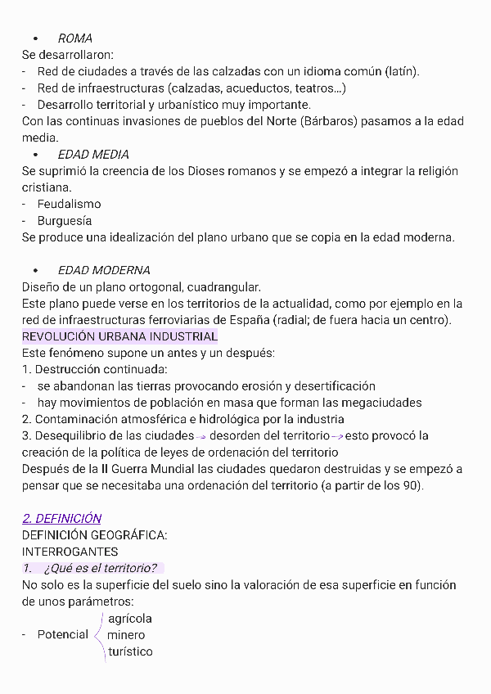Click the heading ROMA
(x=74, y=38)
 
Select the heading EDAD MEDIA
(x=93, y=155)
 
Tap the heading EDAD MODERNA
(x=104, y=270)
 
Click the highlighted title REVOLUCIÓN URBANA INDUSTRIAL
(x=119, y=336)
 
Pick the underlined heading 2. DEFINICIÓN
(x=61, y=518)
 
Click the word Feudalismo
(x=69, y=204)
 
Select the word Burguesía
(x=64, y=221)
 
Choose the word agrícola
(x=129, y=619)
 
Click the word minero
(x=126, y=635)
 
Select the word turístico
(x=129, y=651)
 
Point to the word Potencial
(x=63, y=635)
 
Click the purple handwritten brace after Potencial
(x=100, y=635)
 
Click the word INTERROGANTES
(x=70, y=552)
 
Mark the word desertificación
(x=329, y=385)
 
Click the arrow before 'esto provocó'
(x=336, y=436)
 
